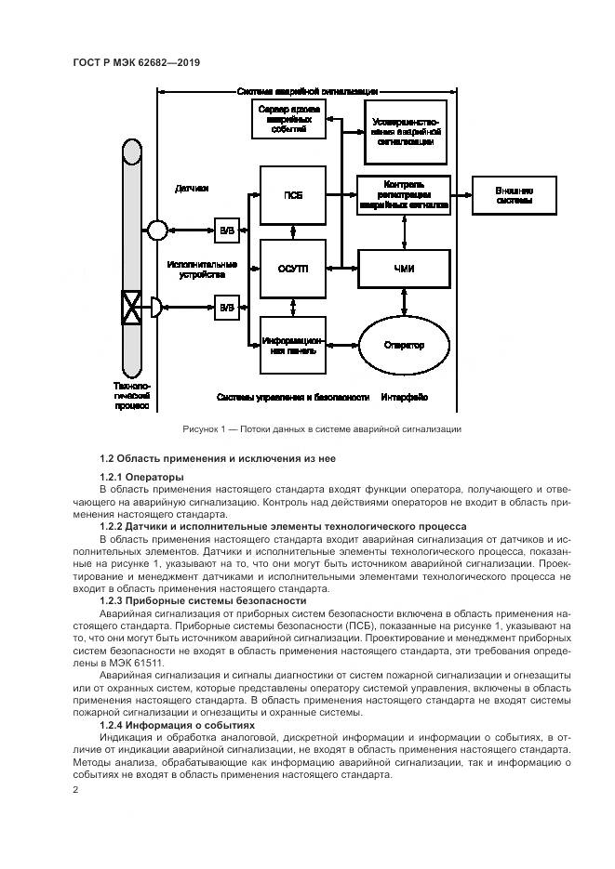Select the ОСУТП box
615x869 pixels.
[x=293, y=269]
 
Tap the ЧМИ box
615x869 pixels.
[x=404, y=269]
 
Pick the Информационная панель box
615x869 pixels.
[x=293, y=345]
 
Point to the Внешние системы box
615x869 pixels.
[x=514, y=195]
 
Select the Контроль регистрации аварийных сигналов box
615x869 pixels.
[x=404, y=195]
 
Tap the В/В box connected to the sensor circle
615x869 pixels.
[x=226, y=230]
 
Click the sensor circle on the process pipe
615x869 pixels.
[x=155, y=230]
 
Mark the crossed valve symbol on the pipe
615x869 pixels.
[x=131, y=306]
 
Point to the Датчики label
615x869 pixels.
[x=192, y=189]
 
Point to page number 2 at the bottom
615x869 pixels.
[x=75, y=790]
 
